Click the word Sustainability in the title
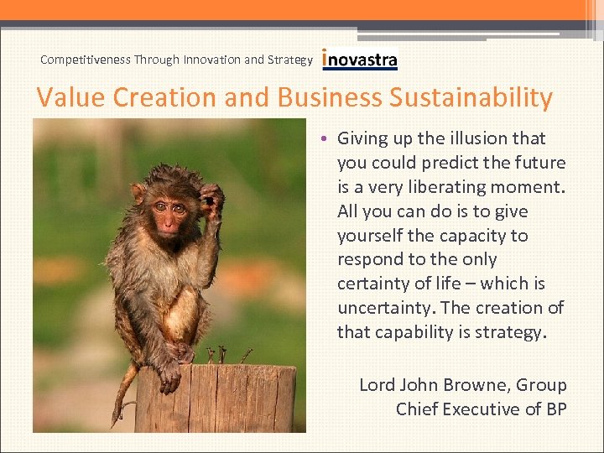(471, 98)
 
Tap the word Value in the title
(70, 98)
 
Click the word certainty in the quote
(377, 284)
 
